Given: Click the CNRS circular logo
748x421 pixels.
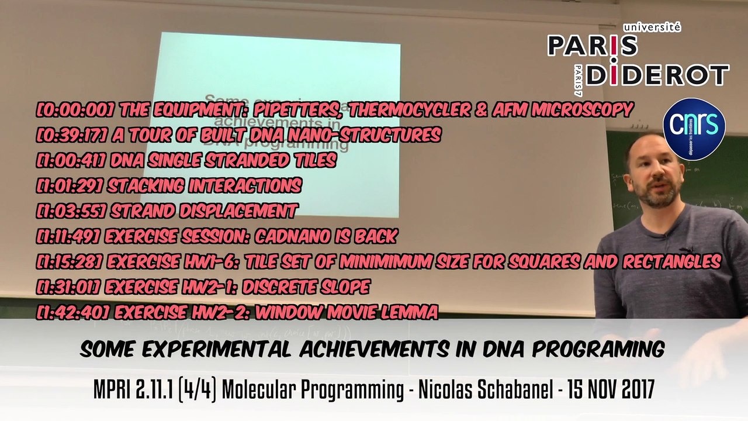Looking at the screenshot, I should (x=694, y=129).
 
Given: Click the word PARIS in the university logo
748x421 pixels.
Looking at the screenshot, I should (x=591, y=46).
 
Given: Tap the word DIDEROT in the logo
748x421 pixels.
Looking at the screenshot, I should (x=657, y=75).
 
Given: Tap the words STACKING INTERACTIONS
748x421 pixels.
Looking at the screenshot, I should (x=204, y=186).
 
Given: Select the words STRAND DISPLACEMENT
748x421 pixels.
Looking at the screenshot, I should (x=203, y=211).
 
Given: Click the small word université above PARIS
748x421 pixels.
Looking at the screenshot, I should (x=652, y=27).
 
